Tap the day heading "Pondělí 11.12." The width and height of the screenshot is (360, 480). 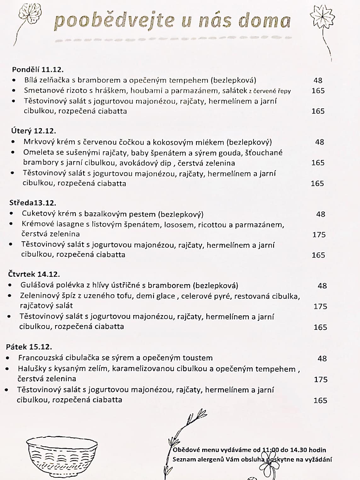pos(38,70)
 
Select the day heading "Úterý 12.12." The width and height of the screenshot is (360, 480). pos(34,131)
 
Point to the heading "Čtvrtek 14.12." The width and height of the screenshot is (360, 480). pos(34,274)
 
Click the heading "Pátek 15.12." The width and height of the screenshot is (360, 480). pos(29,347)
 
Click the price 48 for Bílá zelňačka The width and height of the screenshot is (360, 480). pos(318,81)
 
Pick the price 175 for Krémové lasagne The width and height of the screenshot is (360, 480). pos(319,235)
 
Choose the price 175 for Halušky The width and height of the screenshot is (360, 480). pos(321,380)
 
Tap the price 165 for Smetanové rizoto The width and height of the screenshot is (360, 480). pos(318,91)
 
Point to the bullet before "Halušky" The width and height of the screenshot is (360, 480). pos(7,369)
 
